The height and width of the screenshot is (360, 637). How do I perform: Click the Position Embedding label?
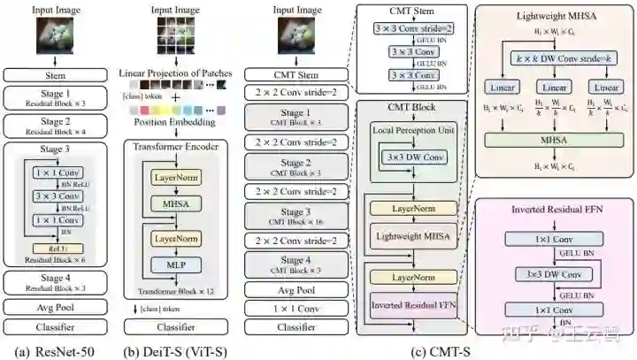pyautogui.click(x=170, y=121)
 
